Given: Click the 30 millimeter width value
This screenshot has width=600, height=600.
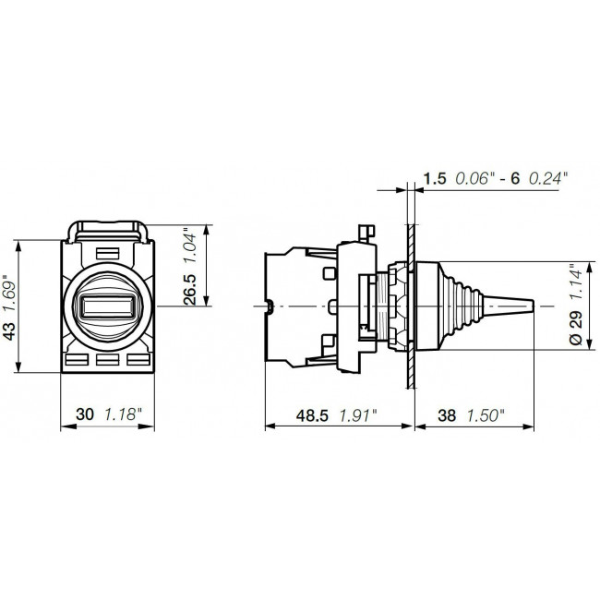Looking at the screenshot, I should click(86, 415).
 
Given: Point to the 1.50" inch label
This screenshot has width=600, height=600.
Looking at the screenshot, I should click(485, 415).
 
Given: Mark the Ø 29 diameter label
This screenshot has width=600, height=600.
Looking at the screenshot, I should click(575, 328).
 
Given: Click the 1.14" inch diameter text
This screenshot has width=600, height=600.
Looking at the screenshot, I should click(575, 283).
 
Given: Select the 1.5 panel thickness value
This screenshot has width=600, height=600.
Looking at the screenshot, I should click(435, 175).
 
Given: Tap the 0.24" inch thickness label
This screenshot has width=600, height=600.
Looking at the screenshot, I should click(551, 175).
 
